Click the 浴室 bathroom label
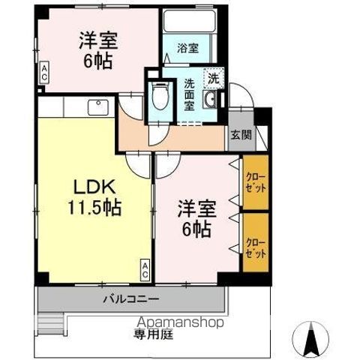point(187,48)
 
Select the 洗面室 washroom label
point(190,95)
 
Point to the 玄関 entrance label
point(241,136)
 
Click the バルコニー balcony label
point(130,299)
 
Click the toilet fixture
point(158,96)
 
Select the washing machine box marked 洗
point(213,77)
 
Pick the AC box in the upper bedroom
point(44,73)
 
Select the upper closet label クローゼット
point(255,181)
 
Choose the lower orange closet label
point(255,242)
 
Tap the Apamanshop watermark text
point(180,323)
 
